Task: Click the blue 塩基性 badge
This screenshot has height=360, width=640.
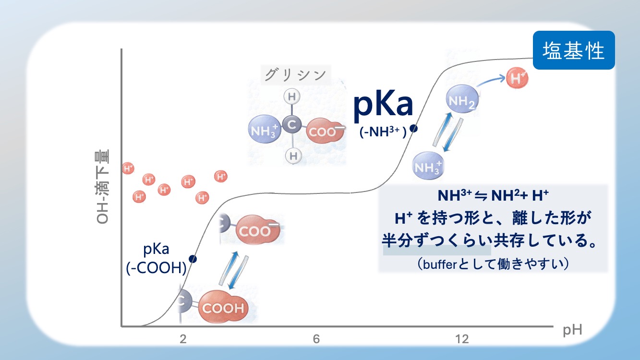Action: tap(574, 50)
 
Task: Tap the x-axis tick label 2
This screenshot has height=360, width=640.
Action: tap(183, 339)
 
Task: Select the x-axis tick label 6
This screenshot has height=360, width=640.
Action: tap(316, 339)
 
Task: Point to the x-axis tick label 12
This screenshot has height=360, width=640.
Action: tap(462, 339)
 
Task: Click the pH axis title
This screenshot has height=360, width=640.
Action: tap(572, 330)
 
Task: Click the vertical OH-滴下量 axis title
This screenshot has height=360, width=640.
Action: tap(102, 187)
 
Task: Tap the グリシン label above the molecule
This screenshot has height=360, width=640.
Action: tap(295, 75)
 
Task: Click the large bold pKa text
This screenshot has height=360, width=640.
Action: tap(383, 105)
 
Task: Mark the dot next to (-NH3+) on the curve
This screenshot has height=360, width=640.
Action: tap(413, 129)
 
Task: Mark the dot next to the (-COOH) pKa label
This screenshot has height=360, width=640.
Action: tap(193, 259)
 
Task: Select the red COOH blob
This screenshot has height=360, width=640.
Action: tap(223, 307)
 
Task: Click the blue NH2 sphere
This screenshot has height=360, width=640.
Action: tap(462, 99)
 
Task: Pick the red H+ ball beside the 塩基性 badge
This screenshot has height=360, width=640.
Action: tap(517, 78)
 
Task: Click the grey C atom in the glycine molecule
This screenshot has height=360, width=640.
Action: tap(292, 125)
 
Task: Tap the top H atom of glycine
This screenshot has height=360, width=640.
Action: tap(292, 96)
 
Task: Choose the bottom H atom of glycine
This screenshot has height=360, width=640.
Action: tap(293, 156)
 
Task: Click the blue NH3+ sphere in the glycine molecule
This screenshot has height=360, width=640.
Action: tap(265, 129)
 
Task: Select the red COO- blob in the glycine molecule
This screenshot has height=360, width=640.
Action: tap(325, 131)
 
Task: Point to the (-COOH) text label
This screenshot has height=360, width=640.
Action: tap(156, 268)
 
